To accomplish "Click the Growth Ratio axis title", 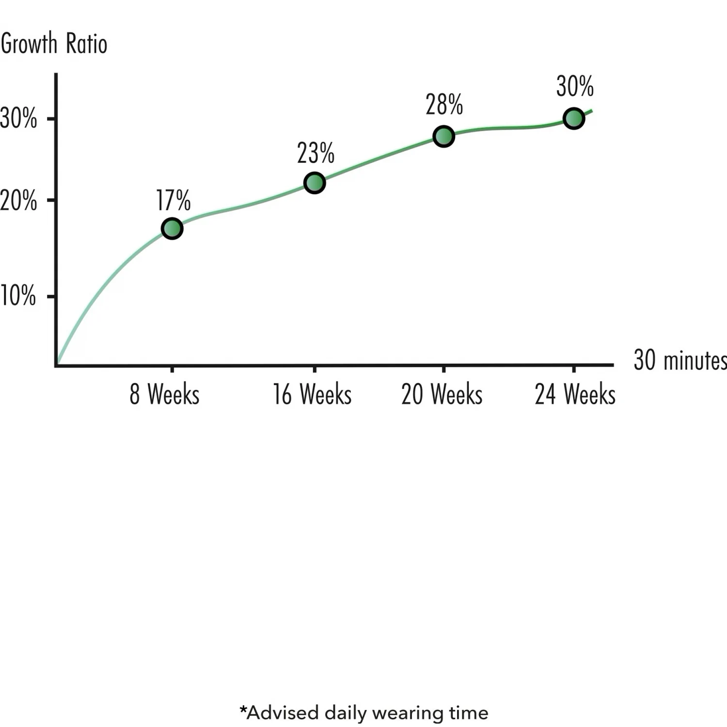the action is point(54,44).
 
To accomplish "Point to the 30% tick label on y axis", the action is point(18,118).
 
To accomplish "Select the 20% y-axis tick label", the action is point(18,200).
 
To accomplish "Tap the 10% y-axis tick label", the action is point(18,295).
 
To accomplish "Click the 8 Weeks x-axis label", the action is point(164,394).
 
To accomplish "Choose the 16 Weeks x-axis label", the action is point(312,394).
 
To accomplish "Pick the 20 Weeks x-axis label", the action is point(442,394).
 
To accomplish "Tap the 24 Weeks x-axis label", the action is point(575,394).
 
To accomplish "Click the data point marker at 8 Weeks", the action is point(172,228).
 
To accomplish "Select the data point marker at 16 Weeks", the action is point(315,183).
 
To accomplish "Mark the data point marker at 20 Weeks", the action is point(443,136).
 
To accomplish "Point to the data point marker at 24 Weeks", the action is point(574,118).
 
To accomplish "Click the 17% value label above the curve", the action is point(173,200).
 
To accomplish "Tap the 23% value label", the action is point(316,153).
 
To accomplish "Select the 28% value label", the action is point(444,105).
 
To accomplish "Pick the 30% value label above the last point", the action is point(575,87).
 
